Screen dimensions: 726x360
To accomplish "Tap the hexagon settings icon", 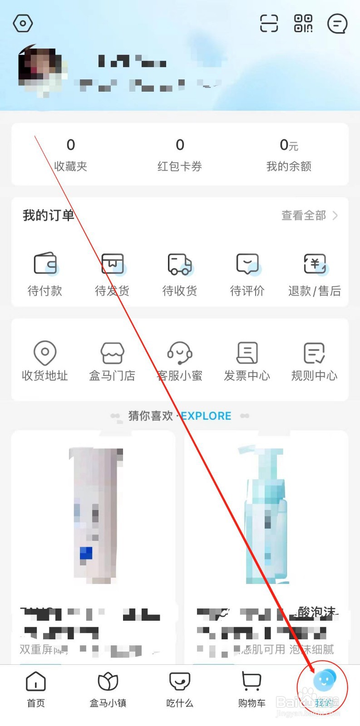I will point(23,23).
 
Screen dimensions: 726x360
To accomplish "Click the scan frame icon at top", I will point(269,23).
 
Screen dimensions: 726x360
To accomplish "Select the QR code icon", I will point(303,23).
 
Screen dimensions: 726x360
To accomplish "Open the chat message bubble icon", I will point(337,24).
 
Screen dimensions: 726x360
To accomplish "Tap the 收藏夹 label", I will point(70,167).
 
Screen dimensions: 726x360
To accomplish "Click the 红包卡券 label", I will point(180,167).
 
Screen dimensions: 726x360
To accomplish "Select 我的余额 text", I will point(289,167).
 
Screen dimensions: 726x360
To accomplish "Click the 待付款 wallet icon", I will point(45,264).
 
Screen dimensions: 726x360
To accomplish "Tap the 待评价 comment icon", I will point(247,264).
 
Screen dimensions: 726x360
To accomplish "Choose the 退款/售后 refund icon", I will point(315,264).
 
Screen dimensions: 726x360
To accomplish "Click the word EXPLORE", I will point(207,416).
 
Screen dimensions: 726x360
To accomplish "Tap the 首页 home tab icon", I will point(36,681).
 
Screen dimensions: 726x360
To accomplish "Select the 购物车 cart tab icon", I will point(252,681).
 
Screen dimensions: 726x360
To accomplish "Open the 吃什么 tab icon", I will point(180,681).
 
